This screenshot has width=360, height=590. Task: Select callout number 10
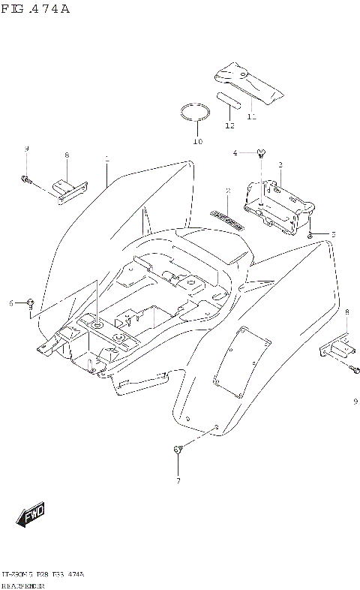(198, 140)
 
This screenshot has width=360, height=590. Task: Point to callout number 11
(251, 116)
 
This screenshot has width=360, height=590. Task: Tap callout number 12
(229, 125)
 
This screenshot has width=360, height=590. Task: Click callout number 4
(235, 153)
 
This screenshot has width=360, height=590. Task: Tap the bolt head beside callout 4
(261, 154)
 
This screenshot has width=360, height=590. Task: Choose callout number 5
(333, 234)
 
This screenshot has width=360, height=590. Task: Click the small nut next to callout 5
(310, 235)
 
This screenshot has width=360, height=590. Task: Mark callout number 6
(12, 303)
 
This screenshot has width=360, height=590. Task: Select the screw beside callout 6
(29, 303)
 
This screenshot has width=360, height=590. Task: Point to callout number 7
(178, 480)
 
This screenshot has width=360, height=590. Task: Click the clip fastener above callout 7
(178, 450)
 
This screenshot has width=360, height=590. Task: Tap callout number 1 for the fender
(107, 159)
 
